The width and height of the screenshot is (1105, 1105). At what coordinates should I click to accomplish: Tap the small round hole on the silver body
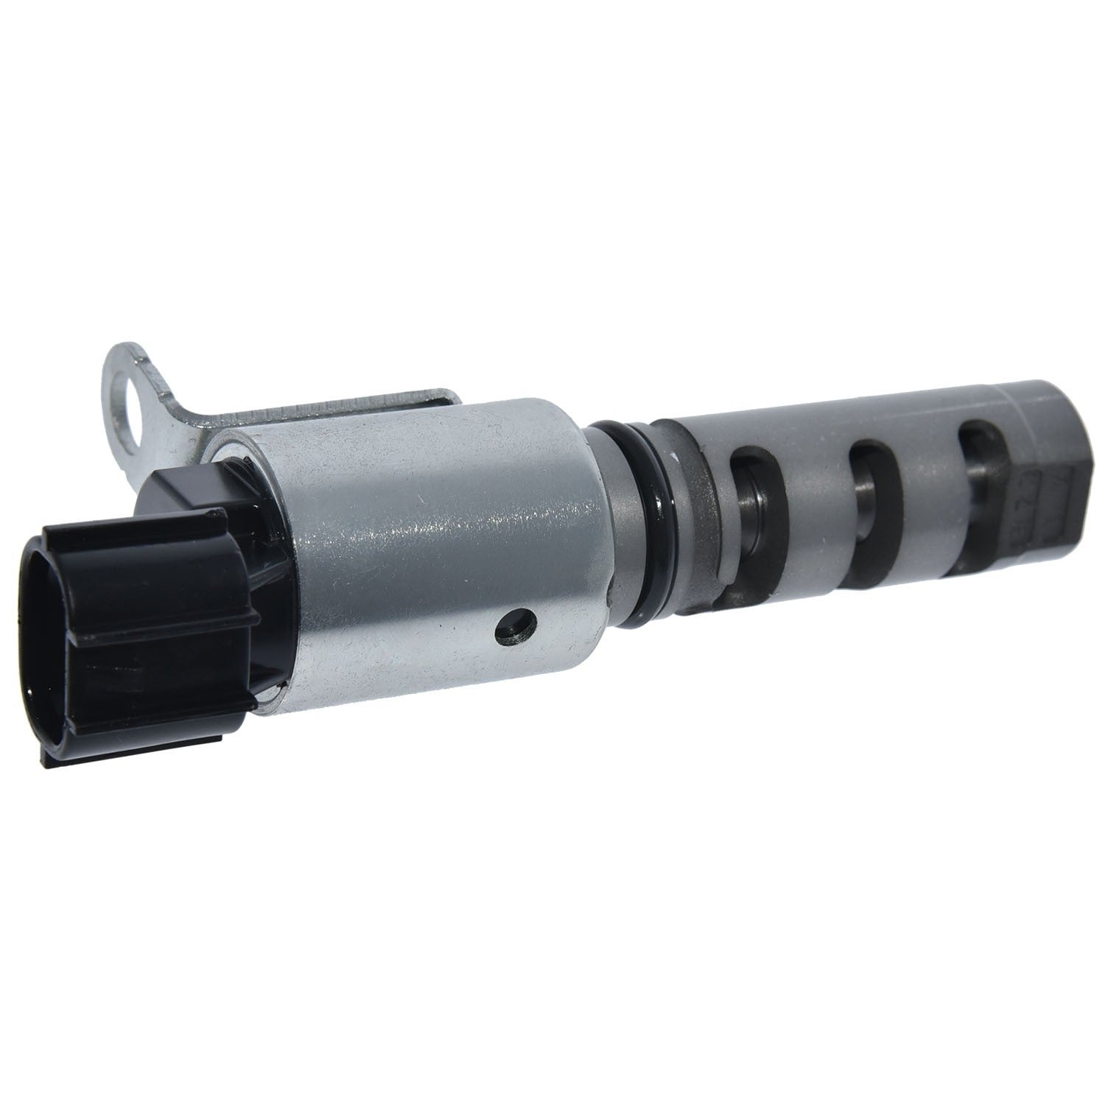pos(516,626)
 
